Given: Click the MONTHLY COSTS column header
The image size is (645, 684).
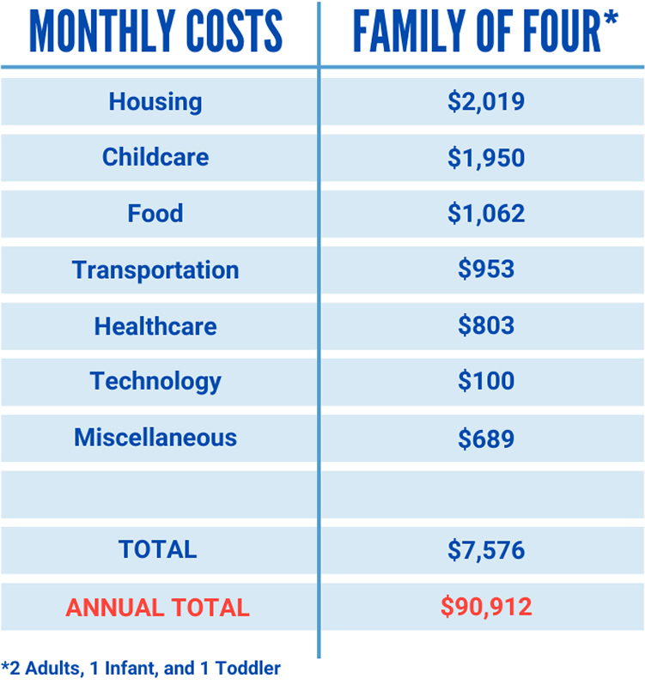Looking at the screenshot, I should [x=155, y=32].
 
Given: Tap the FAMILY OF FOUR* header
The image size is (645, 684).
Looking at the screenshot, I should [x=485, y=32].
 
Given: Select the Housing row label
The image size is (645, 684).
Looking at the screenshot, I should [x=155, y=101].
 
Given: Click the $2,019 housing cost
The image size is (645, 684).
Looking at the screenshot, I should [x=485, y=102].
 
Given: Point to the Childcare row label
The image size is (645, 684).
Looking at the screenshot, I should [x=155, y=157].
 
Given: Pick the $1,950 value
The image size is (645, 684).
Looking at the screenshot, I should [x=485, y=158].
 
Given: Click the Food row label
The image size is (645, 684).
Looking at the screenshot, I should [x=155, y=213].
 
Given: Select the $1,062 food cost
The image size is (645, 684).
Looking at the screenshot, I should [x=485, y=214].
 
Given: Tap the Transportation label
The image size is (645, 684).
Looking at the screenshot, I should [x=155, y=269].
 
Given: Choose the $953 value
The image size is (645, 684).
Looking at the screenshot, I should [x=485, y=269].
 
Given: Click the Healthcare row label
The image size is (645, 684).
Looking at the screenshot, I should [x=155, y=326].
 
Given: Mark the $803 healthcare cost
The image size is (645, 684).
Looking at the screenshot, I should [x=485, y=326].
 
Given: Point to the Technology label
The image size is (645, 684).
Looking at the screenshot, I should [x=155, y=381].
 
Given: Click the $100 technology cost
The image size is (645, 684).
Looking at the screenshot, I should [x=485, y=381].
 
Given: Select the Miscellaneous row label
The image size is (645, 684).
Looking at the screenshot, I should [x=155, y=437].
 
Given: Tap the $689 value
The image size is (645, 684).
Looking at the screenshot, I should [x=485, y=439].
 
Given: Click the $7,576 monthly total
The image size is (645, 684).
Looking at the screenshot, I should [x=485, y=550].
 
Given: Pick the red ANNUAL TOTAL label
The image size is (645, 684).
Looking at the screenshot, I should [x=158, y=608].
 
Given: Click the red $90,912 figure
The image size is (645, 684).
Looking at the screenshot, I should [x=486, y=608].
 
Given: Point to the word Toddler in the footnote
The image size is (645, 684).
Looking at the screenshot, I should [x=251, y=668].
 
